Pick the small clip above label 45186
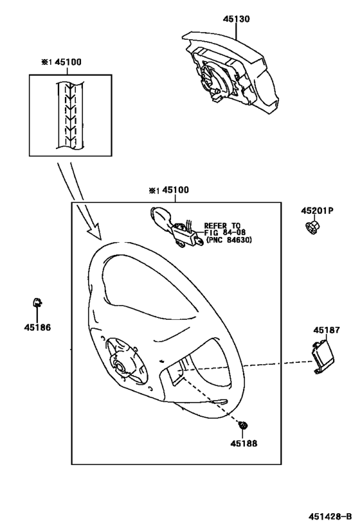[37, 302]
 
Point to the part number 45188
[244, 443]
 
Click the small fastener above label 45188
[244, 425]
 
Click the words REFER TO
[222, 225]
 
